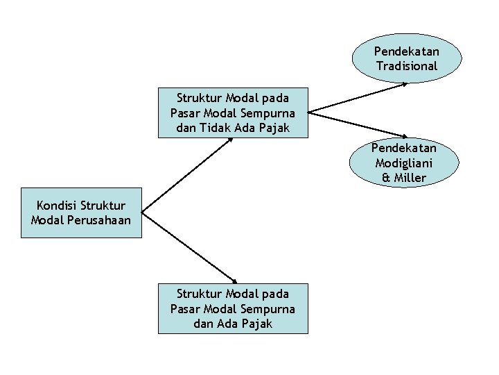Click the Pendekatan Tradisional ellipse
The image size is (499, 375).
[x=407, y=59]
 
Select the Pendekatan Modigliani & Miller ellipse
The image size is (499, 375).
[x=404, y=163]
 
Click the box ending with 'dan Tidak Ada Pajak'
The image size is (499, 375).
[x=232, y=112]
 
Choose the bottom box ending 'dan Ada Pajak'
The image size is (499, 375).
[x=232, y=308]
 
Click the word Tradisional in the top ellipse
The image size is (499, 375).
[x=407, y=67]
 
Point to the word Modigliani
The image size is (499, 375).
[x=404, y=163]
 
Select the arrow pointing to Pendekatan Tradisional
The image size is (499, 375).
[x=360, y=97]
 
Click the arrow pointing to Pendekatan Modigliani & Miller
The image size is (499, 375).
[x=360, y=125]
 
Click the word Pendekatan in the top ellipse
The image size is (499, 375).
[x=407, y=51]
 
